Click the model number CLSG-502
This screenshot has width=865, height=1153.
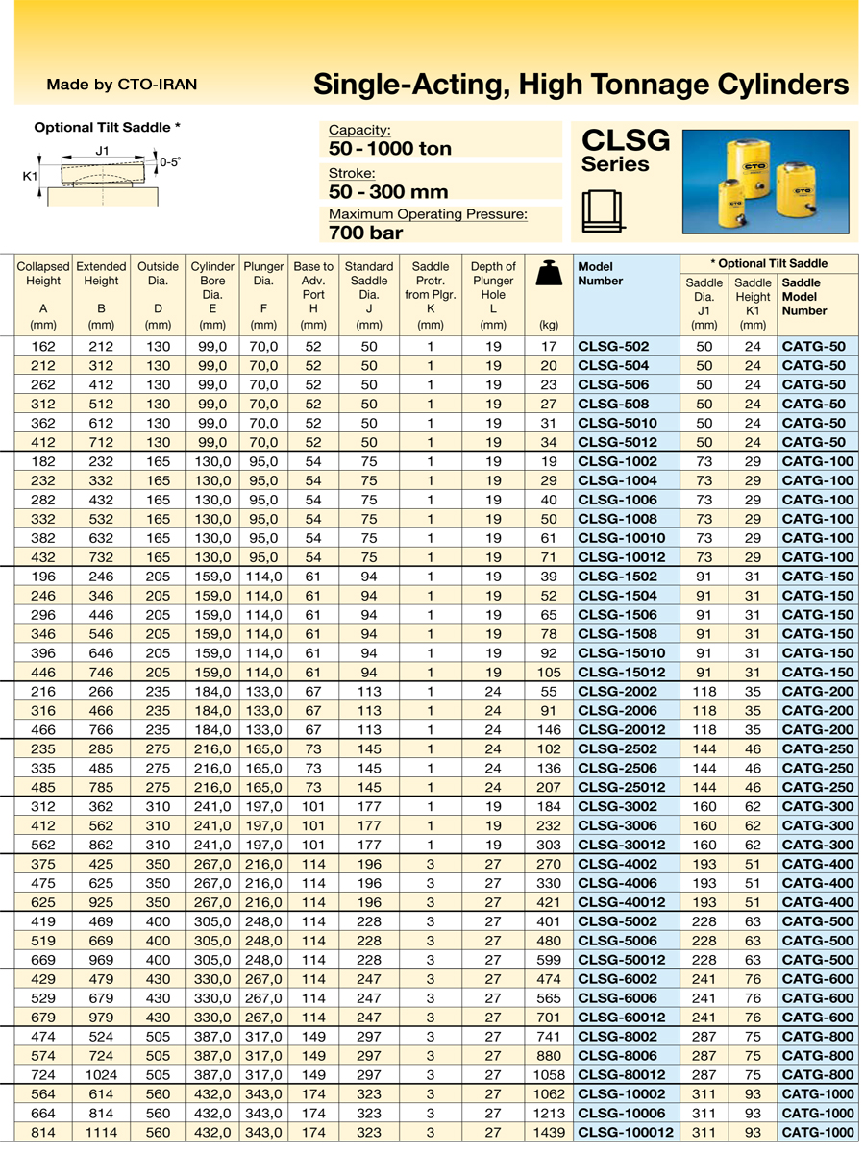613,346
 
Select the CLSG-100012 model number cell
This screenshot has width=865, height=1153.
625,1133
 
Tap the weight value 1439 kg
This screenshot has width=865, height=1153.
547,1133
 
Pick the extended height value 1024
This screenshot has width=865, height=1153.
101,1075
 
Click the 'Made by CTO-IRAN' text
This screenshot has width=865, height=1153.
121,85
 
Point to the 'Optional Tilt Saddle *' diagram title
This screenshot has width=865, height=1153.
107,127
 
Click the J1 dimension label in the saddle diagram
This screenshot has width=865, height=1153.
102,151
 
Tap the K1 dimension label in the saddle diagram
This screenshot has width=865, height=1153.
30,177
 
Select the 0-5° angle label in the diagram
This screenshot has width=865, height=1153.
169,162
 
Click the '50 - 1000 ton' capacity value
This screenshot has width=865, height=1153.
389,149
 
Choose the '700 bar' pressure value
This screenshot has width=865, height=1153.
365,232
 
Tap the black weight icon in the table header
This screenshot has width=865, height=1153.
549,274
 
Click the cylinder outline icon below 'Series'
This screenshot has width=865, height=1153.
602,210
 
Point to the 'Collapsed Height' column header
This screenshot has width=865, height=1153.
43,274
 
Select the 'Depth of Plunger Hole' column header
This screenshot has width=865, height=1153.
493,281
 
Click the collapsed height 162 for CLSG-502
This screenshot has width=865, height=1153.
43,346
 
